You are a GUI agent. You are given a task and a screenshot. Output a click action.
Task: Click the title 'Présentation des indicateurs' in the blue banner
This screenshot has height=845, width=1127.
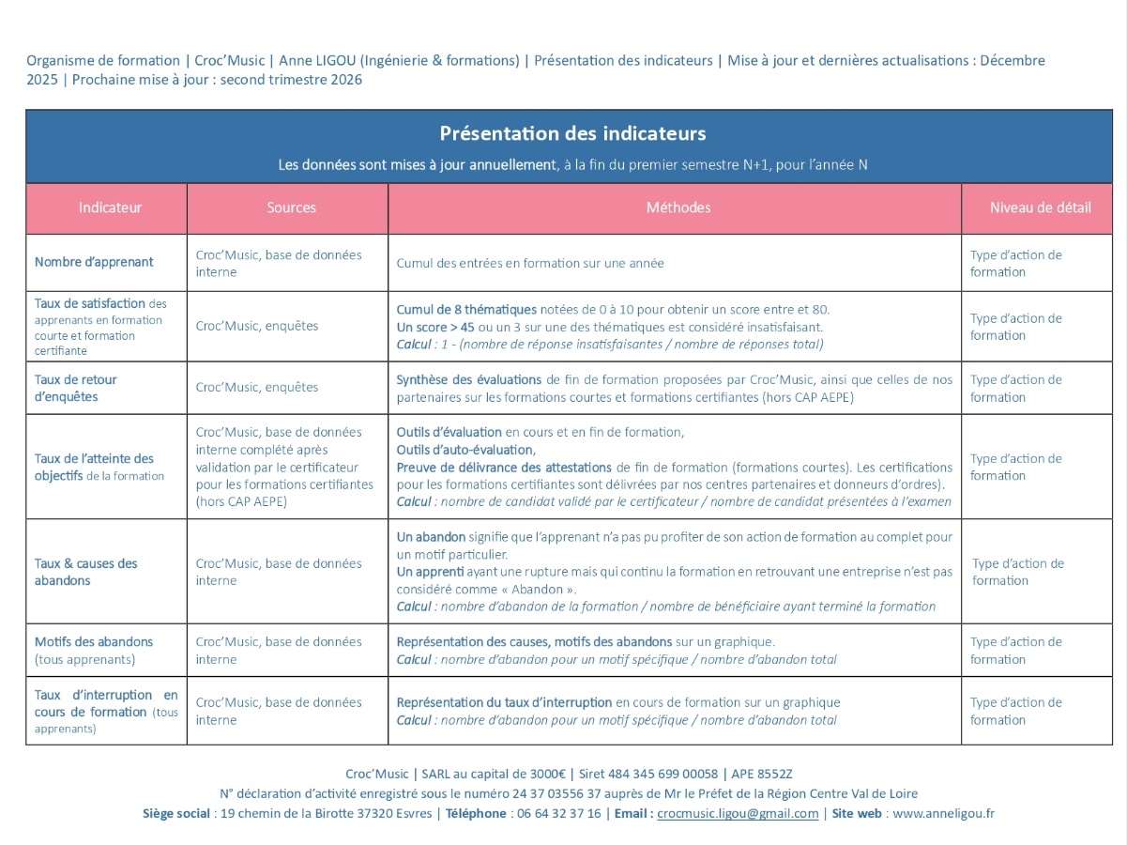click(572, 133)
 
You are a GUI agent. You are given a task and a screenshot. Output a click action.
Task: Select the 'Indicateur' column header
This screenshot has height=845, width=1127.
click(110, 207)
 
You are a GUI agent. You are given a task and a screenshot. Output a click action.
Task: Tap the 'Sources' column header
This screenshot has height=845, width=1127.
click(291, 207)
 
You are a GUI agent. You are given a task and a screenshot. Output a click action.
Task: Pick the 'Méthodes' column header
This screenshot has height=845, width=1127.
click(678, 207)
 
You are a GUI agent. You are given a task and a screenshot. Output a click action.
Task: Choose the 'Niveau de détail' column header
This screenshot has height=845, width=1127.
click(1040, 207)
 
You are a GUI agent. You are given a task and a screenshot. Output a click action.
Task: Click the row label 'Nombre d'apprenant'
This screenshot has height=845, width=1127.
click(94, 262)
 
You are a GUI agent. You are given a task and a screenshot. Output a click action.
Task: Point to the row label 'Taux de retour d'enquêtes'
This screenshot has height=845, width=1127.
click(76, 388)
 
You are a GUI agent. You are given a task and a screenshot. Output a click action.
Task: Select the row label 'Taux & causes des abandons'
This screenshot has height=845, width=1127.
click(86, 572)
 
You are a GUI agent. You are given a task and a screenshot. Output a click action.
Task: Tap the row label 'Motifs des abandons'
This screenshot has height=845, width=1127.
click(94, 642)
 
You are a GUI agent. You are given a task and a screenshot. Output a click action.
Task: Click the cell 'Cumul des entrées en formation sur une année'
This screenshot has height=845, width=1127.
click(530, 263)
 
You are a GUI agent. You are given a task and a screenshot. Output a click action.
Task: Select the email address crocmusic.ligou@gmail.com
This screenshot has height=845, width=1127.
click(738, 813)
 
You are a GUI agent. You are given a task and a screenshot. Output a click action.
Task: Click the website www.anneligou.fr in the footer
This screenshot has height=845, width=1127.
click(943, 813)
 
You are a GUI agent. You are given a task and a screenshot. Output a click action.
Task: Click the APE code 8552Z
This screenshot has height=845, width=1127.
click(775, 774)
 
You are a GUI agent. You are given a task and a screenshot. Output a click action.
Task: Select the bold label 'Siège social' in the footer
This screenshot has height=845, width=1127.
click(176, 813)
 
